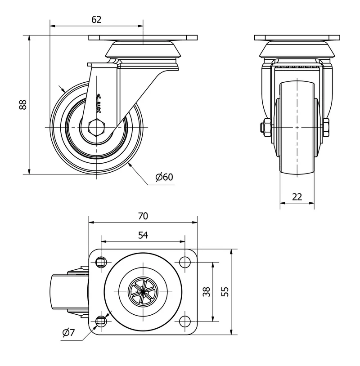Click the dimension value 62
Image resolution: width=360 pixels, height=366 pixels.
coord(96,20)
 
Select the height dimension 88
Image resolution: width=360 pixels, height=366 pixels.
coord(23,105)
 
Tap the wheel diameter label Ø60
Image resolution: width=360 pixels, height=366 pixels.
coord(164,177)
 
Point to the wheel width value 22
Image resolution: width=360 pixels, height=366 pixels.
coord(297,197)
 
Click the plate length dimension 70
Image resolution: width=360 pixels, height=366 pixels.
coord(143,216)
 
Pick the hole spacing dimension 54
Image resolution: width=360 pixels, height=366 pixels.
coord(143,235)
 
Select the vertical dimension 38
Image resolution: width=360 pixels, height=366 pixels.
coord(207,292)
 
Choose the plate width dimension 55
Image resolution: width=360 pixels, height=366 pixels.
coord(225,292)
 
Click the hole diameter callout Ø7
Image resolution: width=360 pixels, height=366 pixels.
coord(68,332)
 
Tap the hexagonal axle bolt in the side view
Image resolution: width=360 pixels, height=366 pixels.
coord(96,127)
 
